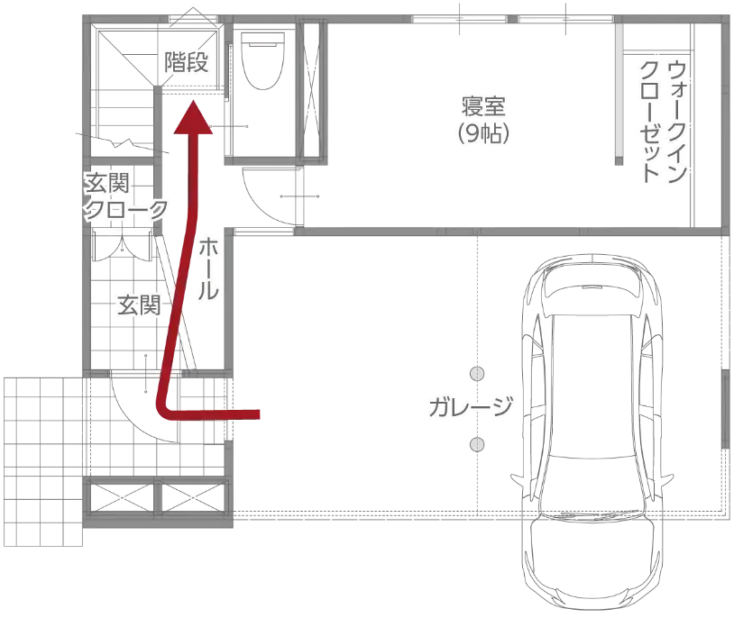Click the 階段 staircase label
[187, 62]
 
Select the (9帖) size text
[484, 134]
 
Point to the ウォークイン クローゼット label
[665, 122]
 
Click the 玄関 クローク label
[125, 197]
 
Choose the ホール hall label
[207, 269]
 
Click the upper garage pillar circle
[477, 374]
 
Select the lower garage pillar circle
[477, 444]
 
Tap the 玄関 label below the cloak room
[138, 305]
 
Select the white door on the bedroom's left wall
[300, 195]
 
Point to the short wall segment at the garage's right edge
[726, 410]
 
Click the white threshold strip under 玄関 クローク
[122, 232]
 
